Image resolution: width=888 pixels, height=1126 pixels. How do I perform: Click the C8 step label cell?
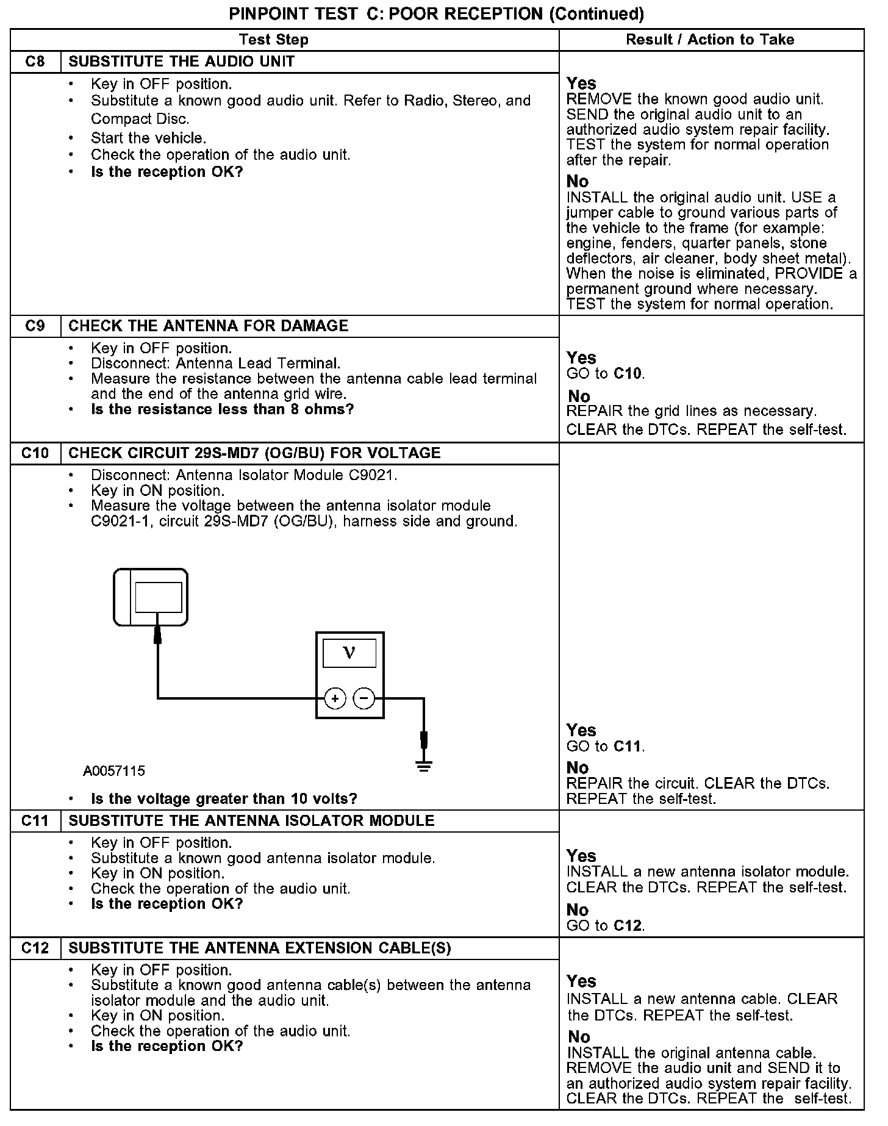35,62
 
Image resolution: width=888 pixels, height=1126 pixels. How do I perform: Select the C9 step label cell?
35,326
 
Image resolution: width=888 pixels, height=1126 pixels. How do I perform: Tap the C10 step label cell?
35,453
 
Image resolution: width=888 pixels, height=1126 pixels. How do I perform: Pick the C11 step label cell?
35,821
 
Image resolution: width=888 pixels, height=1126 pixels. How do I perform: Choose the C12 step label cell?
35,948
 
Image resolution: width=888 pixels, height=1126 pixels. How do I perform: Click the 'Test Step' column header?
274,40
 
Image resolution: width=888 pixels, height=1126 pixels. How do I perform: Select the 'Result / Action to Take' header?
711,40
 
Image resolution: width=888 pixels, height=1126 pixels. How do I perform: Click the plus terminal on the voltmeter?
335,698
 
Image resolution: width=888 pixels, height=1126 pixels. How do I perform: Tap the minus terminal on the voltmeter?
364,698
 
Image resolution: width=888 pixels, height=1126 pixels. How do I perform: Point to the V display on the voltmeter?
349,653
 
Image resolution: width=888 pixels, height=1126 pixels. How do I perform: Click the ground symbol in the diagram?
424,765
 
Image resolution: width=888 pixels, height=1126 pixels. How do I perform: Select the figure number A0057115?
114,771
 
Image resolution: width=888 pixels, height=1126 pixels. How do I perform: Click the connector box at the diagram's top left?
151,597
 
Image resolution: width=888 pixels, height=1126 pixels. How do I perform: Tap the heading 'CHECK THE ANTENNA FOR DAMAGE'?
209,326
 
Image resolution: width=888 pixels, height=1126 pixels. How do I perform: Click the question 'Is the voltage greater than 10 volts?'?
224,798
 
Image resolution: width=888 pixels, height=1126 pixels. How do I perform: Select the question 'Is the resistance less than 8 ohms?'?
222,409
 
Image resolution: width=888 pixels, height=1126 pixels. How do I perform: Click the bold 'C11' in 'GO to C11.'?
628,746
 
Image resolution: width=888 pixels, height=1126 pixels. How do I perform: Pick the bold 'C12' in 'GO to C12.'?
628,925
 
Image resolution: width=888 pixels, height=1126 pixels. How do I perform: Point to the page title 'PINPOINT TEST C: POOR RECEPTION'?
436,14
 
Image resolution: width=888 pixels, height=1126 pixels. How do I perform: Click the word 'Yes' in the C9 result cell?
581,357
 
